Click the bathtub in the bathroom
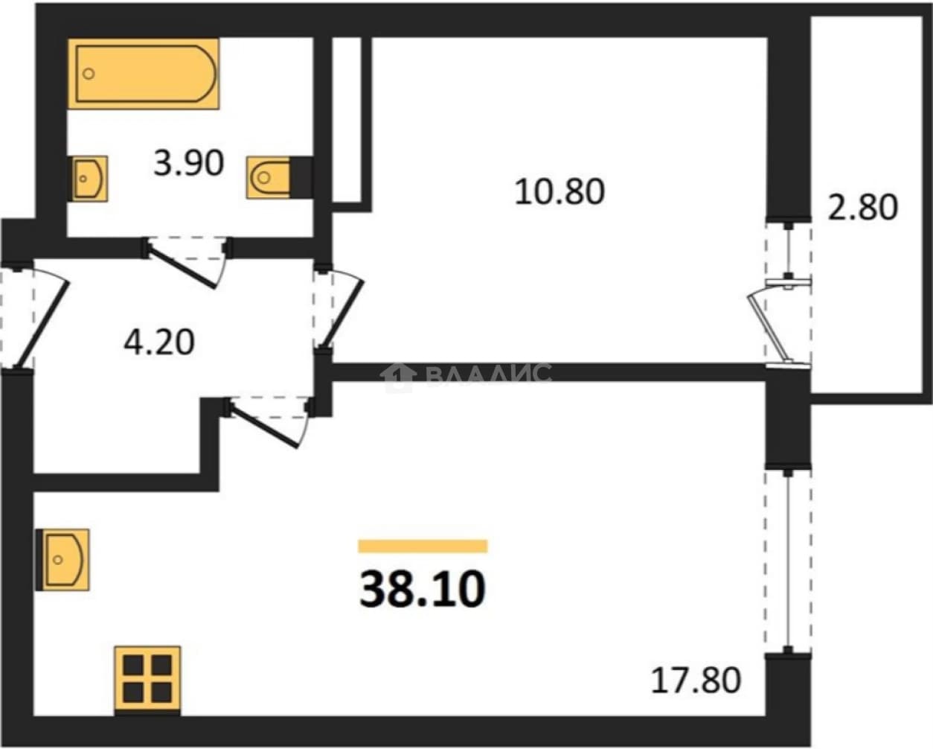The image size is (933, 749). pos(144,74)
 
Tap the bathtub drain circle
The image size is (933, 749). pos(89,74)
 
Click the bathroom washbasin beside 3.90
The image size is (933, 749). pos(89,179)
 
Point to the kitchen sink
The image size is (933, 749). pos(62,559)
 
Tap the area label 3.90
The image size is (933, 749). pos(188,163)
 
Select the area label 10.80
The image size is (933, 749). pos(560,191)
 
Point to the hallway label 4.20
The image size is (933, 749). pos(159,342)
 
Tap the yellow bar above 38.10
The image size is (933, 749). pos(423,546)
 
